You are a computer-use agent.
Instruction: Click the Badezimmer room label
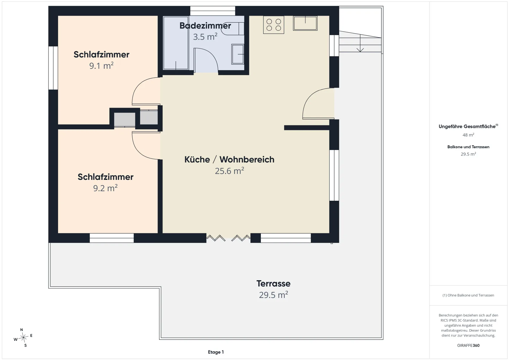[x=205, y=26]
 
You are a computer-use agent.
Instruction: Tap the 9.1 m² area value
[x=101, y=66]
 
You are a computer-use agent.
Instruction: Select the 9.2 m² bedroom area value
[x=105, y=188]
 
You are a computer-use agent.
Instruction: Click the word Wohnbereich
[x=247, y=159]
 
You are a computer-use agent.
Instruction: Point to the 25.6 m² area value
[x=230, y=171]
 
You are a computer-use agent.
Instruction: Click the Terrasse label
[x=273, y=283]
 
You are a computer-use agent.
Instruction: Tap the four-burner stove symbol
[x=274, y=25]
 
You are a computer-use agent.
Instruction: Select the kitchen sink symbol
[x=305, y=23]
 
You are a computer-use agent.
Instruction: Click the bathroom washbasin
[x=238, y=54]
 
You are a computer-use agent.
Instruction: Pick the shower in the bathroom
[x=176, y=43]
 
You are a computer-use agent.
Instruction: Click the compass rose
[x=24, y=337]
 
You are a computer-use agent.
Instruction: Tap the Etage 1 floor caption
[x=216, y=352]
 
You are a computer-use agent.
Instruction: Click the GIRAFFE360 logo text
[x=468, y=345]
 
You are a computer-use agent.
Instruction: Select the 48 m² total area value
[x=468, y=135]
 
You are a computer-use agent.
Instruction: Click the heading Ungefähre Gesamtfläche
[x=467, y=126]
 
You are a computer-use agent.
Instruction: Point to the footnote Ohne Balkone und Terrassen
[x=468, y=295]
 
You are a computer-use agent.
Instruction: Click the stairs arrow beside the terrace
[x=360, y=43]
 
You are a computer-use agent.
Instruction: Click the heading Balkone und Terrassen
[x=468, y=147]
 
